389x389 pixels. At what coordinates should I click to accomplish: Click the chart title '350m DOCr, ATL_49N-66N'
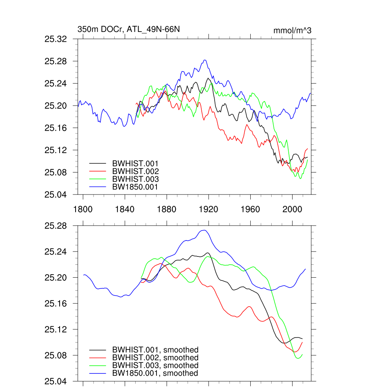(x=126, y=30)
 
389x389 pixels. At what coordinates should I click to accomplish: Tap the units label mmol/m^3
(x=292, y=30)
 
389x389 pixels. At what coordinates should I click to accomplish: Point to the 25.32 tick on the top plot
(x=56, y=39)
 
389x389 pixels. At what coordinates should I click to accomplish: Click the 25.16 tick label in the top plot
(x=56, y=128)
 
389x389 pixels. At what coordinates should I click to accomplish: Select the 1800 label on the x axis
(x=83, y=209)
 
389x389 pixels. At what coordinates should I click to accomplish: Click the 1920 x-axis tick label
(x=208, y=209)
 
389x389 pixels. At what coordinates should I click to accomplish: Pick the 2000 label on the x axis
(x=292, y=209)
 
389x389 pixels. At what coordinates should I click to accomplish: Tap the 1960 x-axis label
(x=250, y=209)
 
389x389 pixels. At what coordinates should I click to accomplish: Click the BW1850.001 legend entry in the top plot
(x=135, y=187)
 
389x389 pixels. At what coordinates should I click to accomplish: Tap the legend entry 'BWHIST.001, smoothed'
(x=155, y=350)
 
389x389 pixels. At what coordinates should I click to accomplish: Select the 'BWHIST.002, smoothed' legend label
(x=155, y=358)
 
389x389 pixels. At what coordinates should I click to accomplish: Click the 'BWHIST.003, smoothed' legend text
(x=155, y=365)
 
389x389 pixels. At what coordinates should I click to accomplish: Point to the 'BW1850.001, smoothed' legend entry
(x=155, y=373)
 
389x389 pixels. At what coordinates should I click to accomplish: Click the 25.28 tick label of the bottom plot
(x=56, y=226)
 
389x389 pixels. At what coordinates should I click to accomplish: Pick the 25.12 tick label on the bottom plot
(x=56, y=329)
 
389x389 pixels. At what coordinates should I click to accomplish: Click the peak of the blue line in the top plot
(x=205, y=60)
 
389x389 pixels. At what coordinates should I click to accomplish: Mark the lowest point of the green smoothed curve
(x=298, y=358)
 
